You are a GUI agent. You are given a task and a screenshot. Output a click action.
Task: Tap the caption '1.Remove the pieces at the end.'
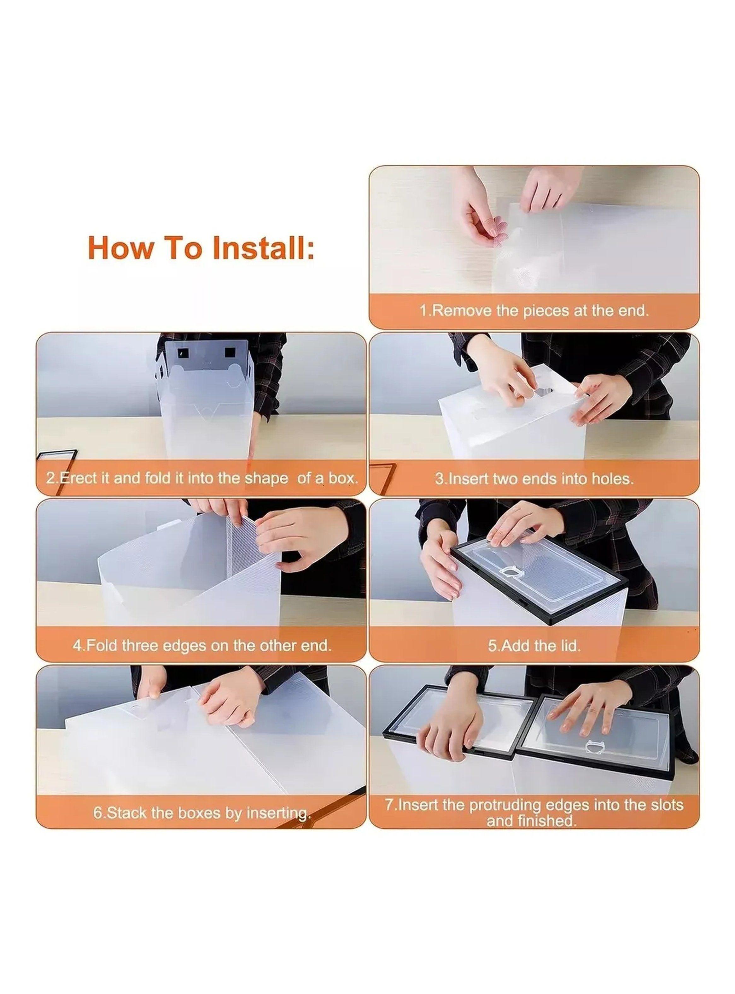point(534,310)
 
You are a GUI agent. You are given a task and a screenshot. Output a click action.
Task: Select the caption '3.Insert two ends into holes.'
point(534,479)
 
